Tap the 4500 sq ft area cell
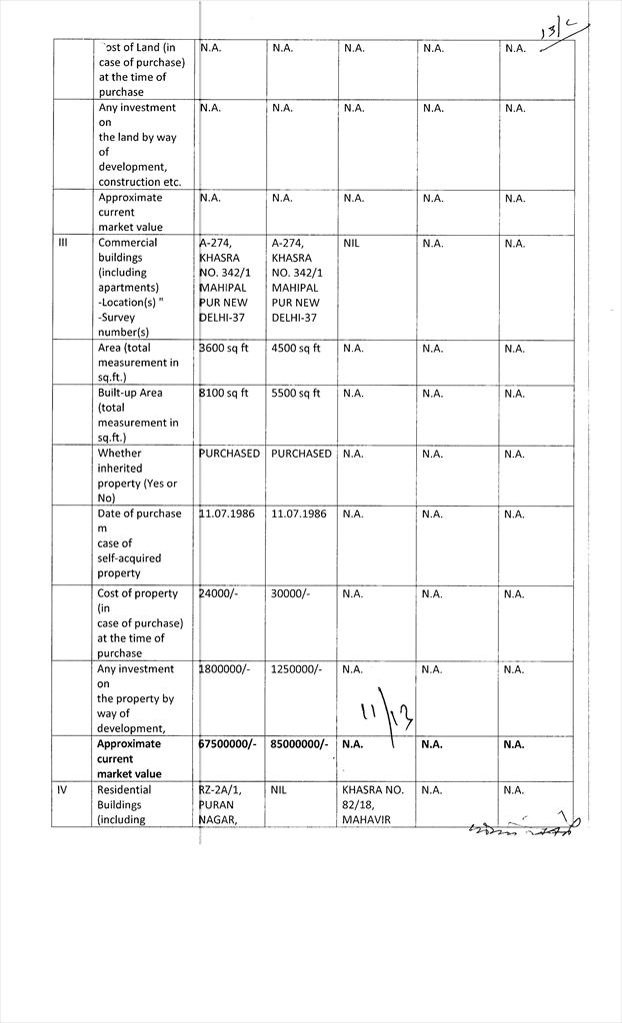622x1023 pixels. (x=296, y=349)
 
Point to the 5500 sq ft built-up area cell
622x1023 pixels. (x=296, y=394)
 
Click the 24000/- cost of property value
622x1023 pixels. (x=218, y=593)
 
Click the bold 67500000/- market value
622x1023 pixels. (x=229, y=744)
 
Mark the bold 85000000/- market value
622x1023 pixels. (x=301, y=744)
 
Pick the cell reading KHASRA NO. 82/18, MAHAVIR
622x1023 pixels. (x=373, y=804)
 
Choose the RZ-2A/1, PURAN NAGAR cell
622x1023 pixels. (x=221, y=804)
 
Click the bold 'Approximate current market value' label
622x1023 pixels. (x=129, y=759)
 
